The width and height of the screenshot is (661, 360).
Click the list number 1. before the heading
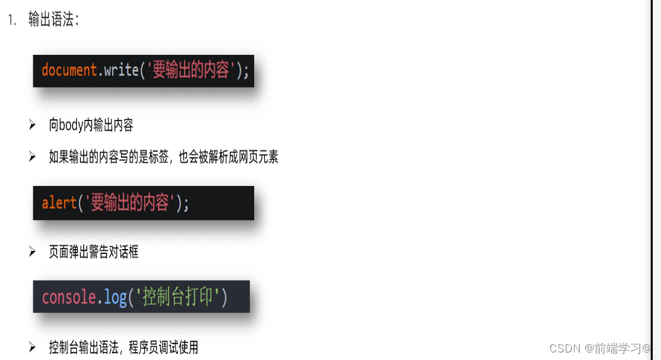click(x=11, y=20)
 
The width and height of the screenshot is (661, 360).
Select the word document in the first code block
click(x=69, y=70)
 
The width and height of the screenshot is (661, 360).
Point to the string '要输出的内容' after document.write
click(x=189, y=70)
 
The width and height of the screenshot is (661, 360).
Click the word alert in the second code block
click(x=59, y=203)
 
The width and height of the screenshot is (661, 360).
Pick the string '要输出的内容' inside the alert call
click(x=129, y=203)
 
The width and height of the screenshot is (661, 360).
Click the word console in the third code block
click(x=69, y=297)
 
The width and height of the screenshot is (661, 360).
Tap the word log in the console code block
click(x=115, y=297)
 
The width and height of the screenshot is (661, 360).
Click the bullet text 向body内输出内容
click(x=91, y=125)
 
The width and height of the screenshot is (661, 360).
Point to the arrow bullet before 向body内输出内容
click(x=32, y=125)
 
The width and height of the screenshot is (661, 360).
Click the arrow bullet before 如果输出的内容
click(x=32, y=157)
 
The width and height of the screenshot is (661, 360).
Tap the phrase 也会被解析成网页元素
click(x=228, y=157)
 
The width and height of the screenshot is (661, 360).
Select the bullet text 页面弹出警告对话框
click(x=93, y=252)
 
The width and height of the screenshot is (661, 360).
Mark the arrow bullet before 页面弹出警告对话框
click(x=32, y=252)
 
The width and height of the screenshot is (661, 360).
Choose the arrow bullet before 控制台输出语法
click(x=32, y=347)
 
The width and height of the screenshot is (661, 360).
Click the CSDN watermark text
click(x=600, y=348)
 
